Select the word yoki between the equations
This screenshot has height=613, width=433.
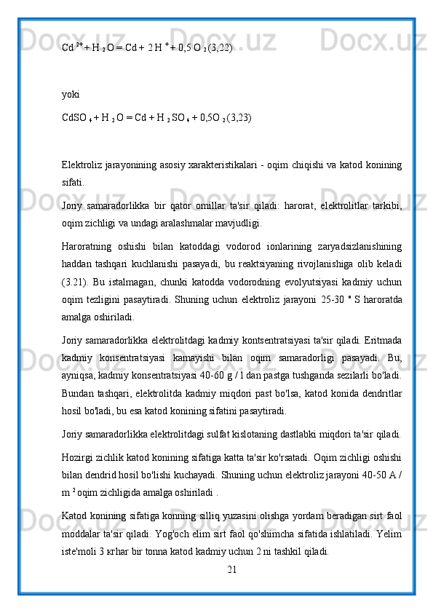tap(71, 94)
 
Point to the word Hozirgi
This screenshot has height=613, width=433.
tap(78, 456)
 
